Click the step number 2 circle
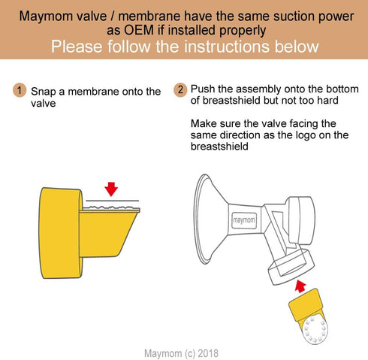tap(180, 90)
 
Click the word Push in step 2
tap(204, 88)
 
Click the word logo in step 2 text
tap(297, 135)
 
